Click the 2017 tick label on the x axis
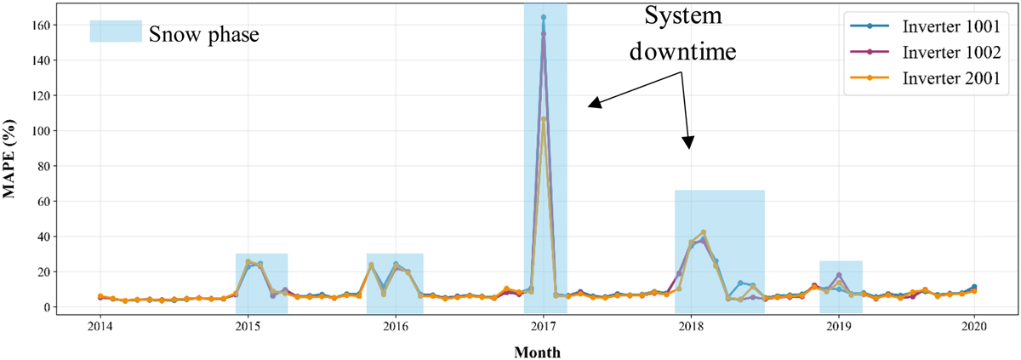pyautogui.click(x=543, y=326)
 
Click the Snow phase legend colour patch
pyautogui.click(x=116, y=31)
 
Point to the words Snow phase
pyautogui.click(x=204, y=34)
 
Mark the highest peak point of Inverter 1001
pyautogui.click(x=543, y=17)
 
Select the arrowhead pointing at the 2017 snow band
pyautogui.click(x=593, y=104)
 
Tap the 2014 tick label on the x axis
pyautogui.click(x=100, y=326)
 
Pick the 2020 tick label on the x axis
pyautogui.click(x=973, y=326)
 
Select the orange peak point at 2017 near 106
pyautogui.click(x=543, y=119)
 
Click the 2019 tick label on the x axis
pyautogui.click(x=839, y=326)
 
